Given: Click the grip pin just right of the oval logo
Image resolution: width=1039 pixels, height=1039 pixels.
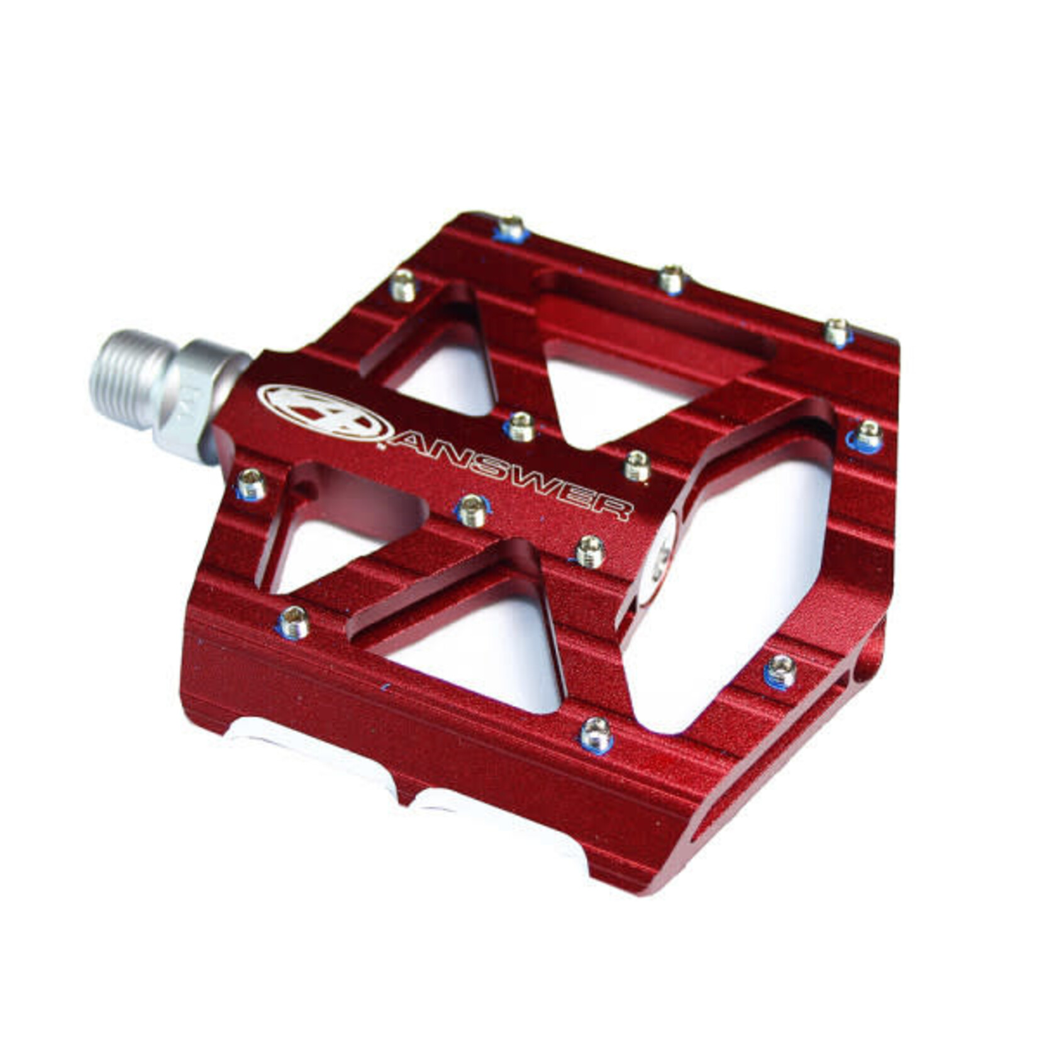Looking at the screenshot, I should pyautogui.click(x=521, y=426).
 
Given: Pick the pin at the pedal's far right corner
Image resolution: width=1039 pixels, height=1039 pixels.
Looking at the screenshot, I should pyautogui.click(x=868, y=435).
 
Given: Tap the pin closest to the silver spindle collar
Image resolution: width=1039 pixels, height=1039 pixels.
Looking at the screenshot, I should pyautogui.click(x=251, y=484).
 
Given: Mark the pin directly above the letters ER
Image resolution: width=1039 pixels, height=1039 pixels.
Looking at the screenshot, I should pyautogui.click(x=636, y=465).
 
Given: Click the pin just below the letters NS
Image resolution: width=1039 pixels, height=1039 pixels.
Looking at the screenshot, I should pyautogui.click(x=472, y=509).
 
